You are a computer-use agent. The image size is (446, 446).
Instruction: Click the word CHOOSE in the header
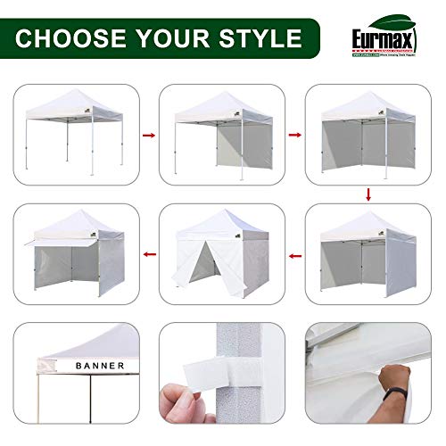click(x=73, y=38)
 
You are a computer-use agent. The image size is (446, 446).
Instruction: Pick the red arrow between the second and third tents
click(x=292, y=136)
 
